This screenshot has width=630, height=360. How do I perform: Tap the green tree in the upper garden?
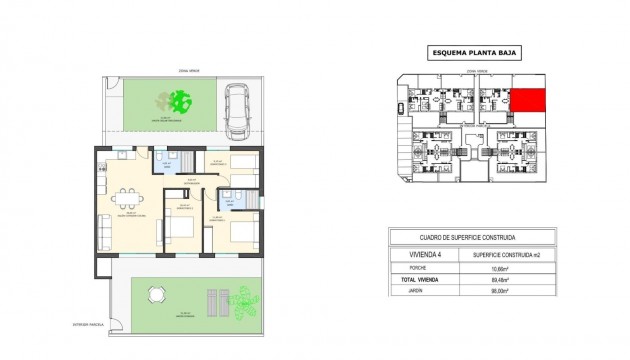pos(181,100)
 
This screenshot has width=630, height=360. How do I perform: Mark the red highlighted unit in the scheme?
pos(529,100)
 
